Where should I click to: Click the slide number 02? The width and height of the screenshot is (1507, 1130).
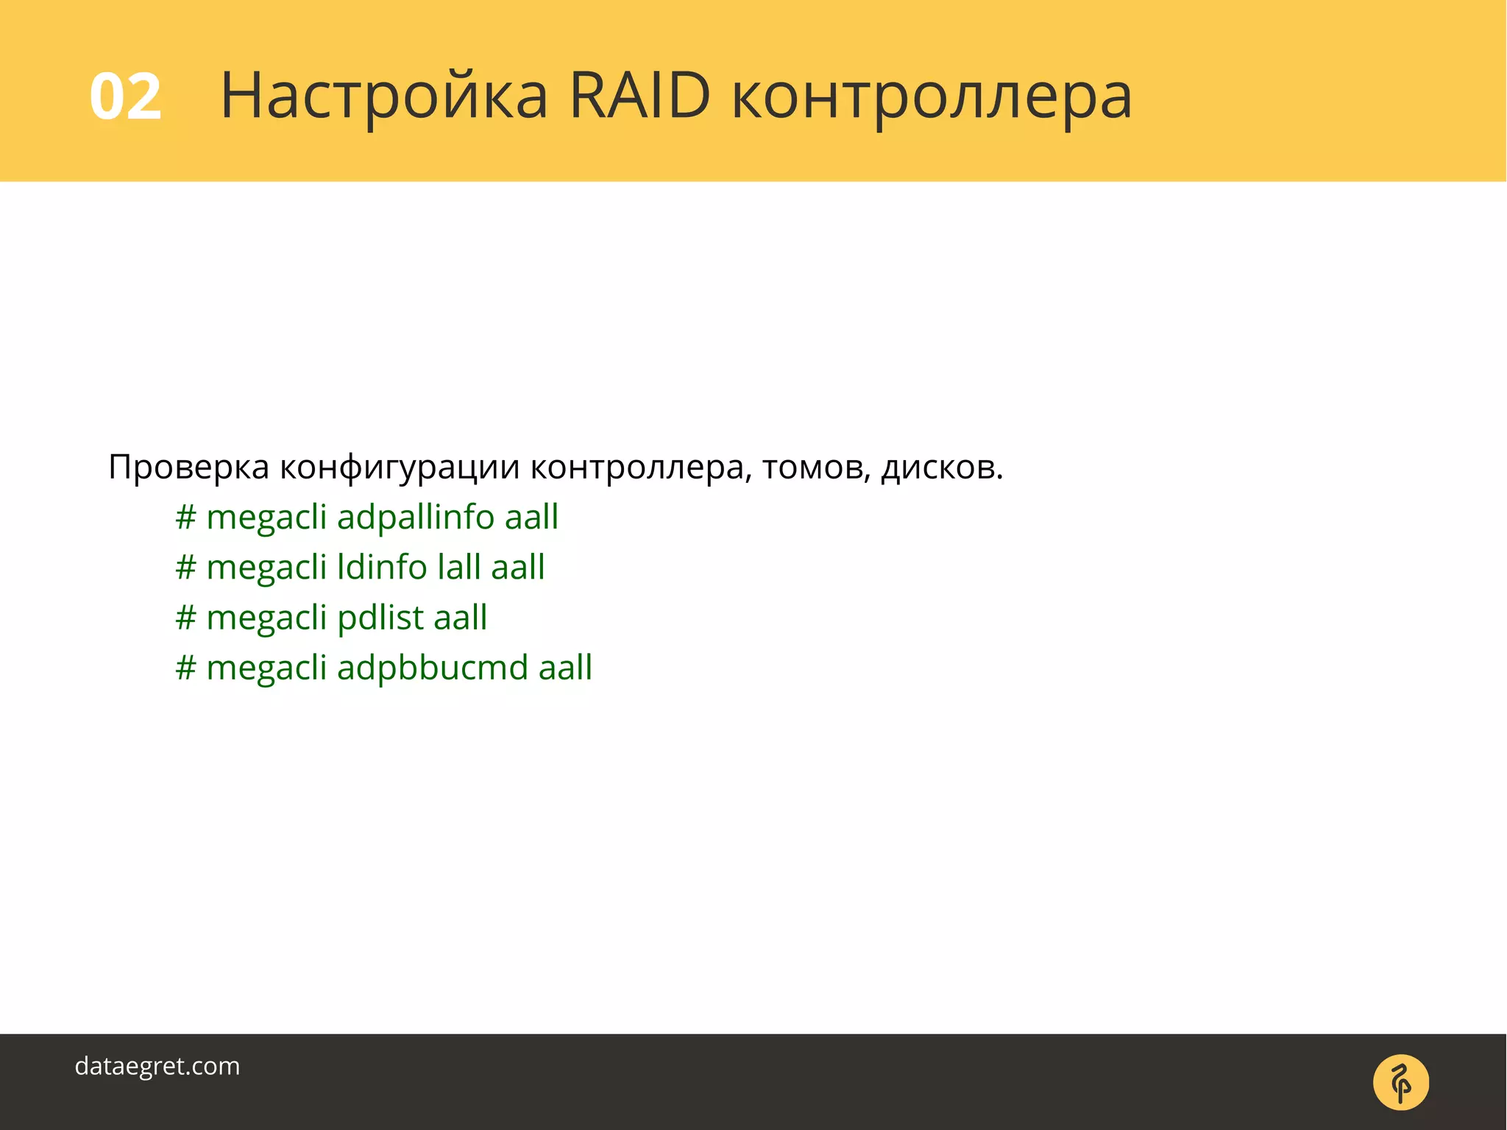tap(125, 96)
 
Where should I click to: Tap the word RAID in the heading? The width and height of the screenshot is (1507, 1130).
tap(639, 96)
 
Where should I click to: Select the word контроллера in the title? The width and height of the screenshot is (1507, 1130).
tap(932, 96)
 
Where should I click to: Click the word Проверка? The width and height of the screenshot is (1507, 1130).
tap(188, 467)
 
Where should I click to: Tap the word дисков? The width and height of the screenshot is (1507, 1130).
tap(942, 467)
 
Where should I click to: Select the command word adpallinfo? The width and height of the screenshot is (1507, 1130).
tap(415, 517)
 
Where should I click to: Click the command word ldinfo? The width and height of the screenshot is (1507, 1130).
tap(382, 568)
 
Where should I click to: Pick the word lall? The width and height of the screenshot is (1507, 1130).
tap(458, 568)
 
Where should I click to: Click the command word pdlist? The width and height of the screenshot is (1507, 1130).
tap(380, 618)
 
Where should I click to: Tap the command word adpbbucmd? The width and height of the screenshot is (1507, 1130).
tap(433, 668)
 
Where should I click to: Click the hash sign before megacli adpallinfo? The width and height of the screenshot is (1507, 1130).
tap(185, 517)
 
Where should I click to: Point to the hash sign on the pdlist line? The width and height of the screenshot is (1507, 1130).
tap(185, 618)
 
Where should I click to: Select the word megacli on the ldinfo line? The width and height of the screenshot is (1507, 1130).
tap(266, 568)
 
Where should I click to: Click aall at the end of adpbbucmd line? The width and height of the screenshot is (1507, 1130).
tap(565, 668)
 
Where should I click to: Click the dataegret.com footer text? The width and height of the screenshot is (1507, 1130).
tap(157, 1066)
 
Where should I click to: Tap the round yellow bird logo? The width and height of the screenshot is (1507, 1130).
tap(1400, 1082)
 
